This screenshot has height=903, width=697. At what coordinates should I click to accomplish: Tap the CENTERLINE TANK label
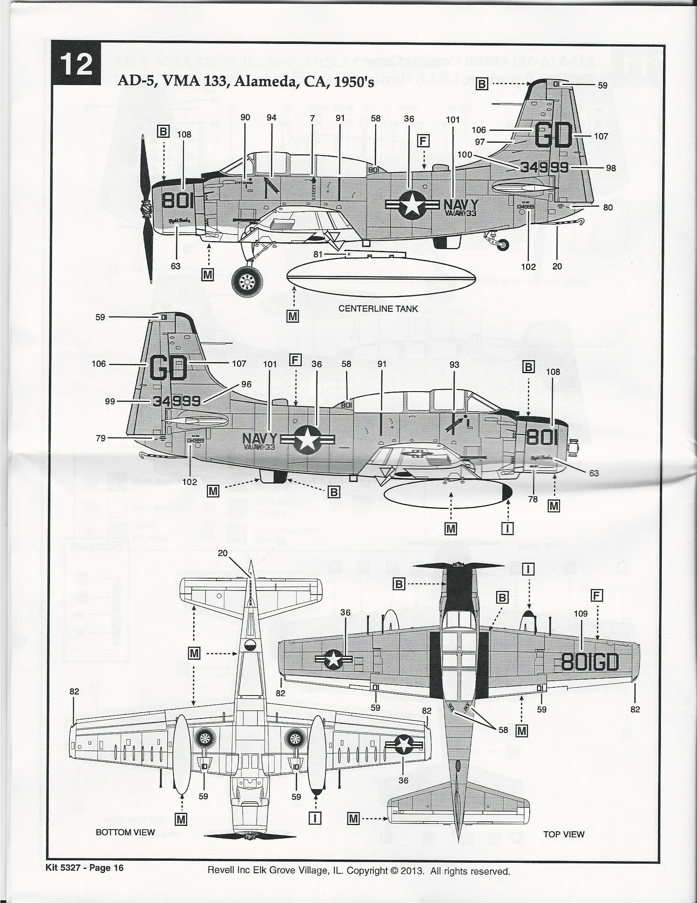[x=378, y=308]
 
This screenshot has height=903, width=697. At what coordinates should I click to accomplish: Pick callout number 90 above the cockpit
[x=245, y=117]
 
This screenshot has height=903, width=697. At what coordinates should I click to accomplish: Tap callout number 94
[x=271, y=117]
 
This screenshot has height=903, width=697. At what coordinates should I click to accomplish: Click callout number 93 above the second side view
[x=454, y=364]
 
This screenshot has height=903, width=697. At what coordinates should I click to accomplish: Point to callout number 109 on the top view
[x=581, y=613]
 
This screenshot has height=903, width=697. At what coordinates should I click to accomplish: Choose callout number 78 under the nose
[x=533, y=499]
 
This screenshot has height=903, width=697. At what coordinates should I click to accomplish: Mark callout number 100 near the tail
[x=465, y=154]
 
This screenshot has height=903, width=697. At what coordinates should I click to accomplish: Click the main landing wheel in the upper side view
[x=248, y=283]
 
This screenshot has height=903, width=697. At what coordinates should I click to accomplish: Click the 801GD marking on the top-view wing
[x=590, y=663]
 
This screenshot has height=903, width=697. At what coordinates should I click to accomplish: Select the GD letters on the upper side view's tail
[x=554, y=136]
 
